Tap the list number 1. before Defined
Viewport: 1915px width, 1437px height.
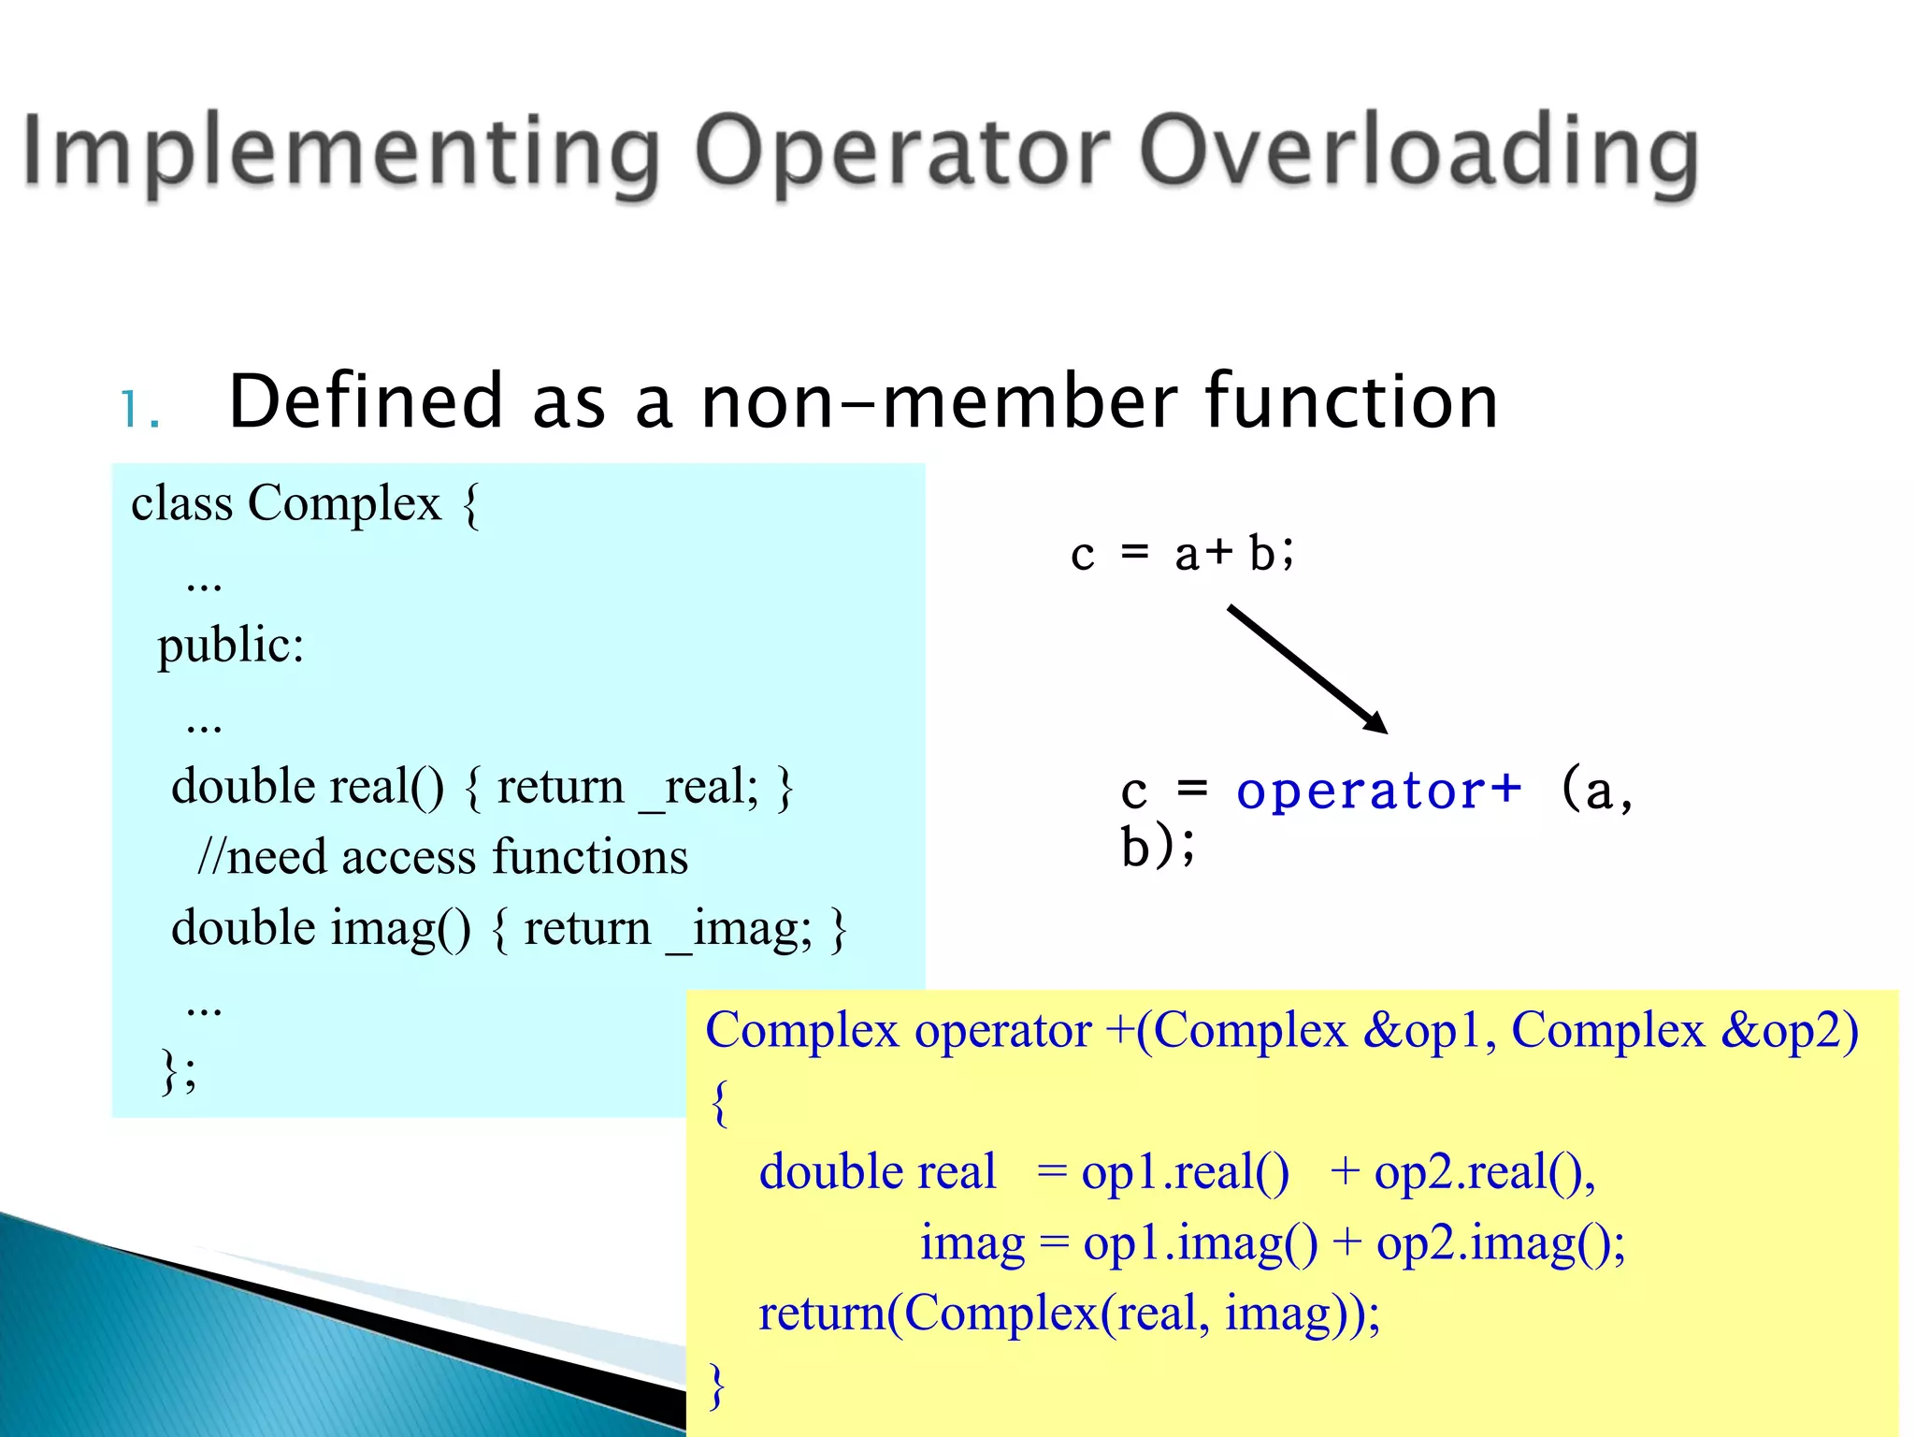pyautogui.click(x=140, y=410)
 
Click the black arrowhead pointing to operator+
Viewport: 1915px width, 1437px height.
pyautogui.click(x=1376, y=722)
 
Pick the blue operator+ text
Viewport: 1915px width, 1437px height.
pyautogui.click(x=1378, y=791)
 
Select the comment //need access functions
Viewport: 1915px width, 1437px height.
pyautogui.click(x=442, y=857)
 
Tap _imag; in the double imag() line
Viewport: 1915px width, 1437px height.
pyautogui.click(x=739, y=929)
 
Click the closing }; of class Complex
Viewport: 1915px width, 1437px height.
pyautogui.click(x=179, y=1070)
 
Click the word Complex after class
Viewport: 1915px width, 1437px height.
pyautogui.click(x=343, y=504)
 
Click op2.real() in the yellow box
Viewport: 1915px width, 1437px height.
pyautogui.click(x=1483, y=1173)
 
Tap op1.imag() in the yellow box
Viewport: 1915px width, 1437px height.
pyautogui.click(x=1200, y=1244)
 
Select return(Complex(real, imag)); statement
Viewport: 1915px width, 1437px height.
pyautogui.click(x=1069, y=1314)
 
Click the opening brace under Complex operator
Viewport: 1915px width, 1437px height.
pyautogui.click(x=719, y=1103)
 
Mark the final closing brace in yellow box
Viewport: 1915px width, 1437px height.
pyautogui.click(x=717, y=1386)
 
